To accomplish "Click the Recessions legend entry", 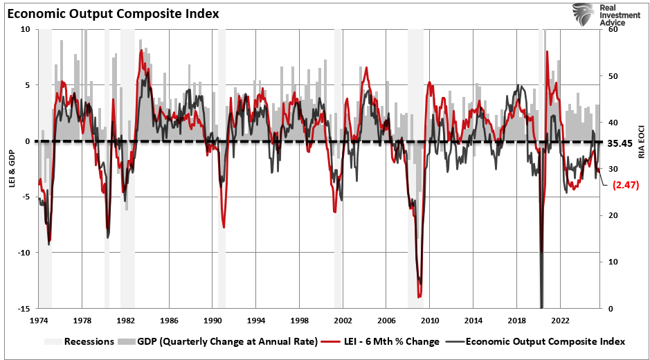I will click(82, 341).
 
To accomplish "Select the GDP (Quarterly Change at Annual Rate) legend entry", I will click(218, 341).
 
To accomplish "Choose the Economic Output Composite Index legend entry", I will click(539, 341).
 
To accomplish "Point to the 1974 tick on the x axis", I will click(38, 321).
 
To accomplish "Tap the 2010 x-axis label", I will click(430, 321).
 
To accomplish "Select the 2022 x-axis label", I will click(561, 321).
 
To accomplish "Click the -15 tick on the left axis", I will click(23, 309).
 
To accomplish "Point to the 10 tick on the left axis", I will click(25, 30).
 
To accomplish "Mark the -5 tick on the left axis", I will click(25, 197).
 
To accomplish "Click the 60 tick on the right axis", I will click(613, 30).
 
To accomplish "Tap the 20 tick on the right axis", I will click(613, 216).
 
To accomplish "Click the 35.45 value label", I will click(621, 144).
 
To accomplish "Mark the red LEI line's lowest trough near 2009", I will click(419, 296).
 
